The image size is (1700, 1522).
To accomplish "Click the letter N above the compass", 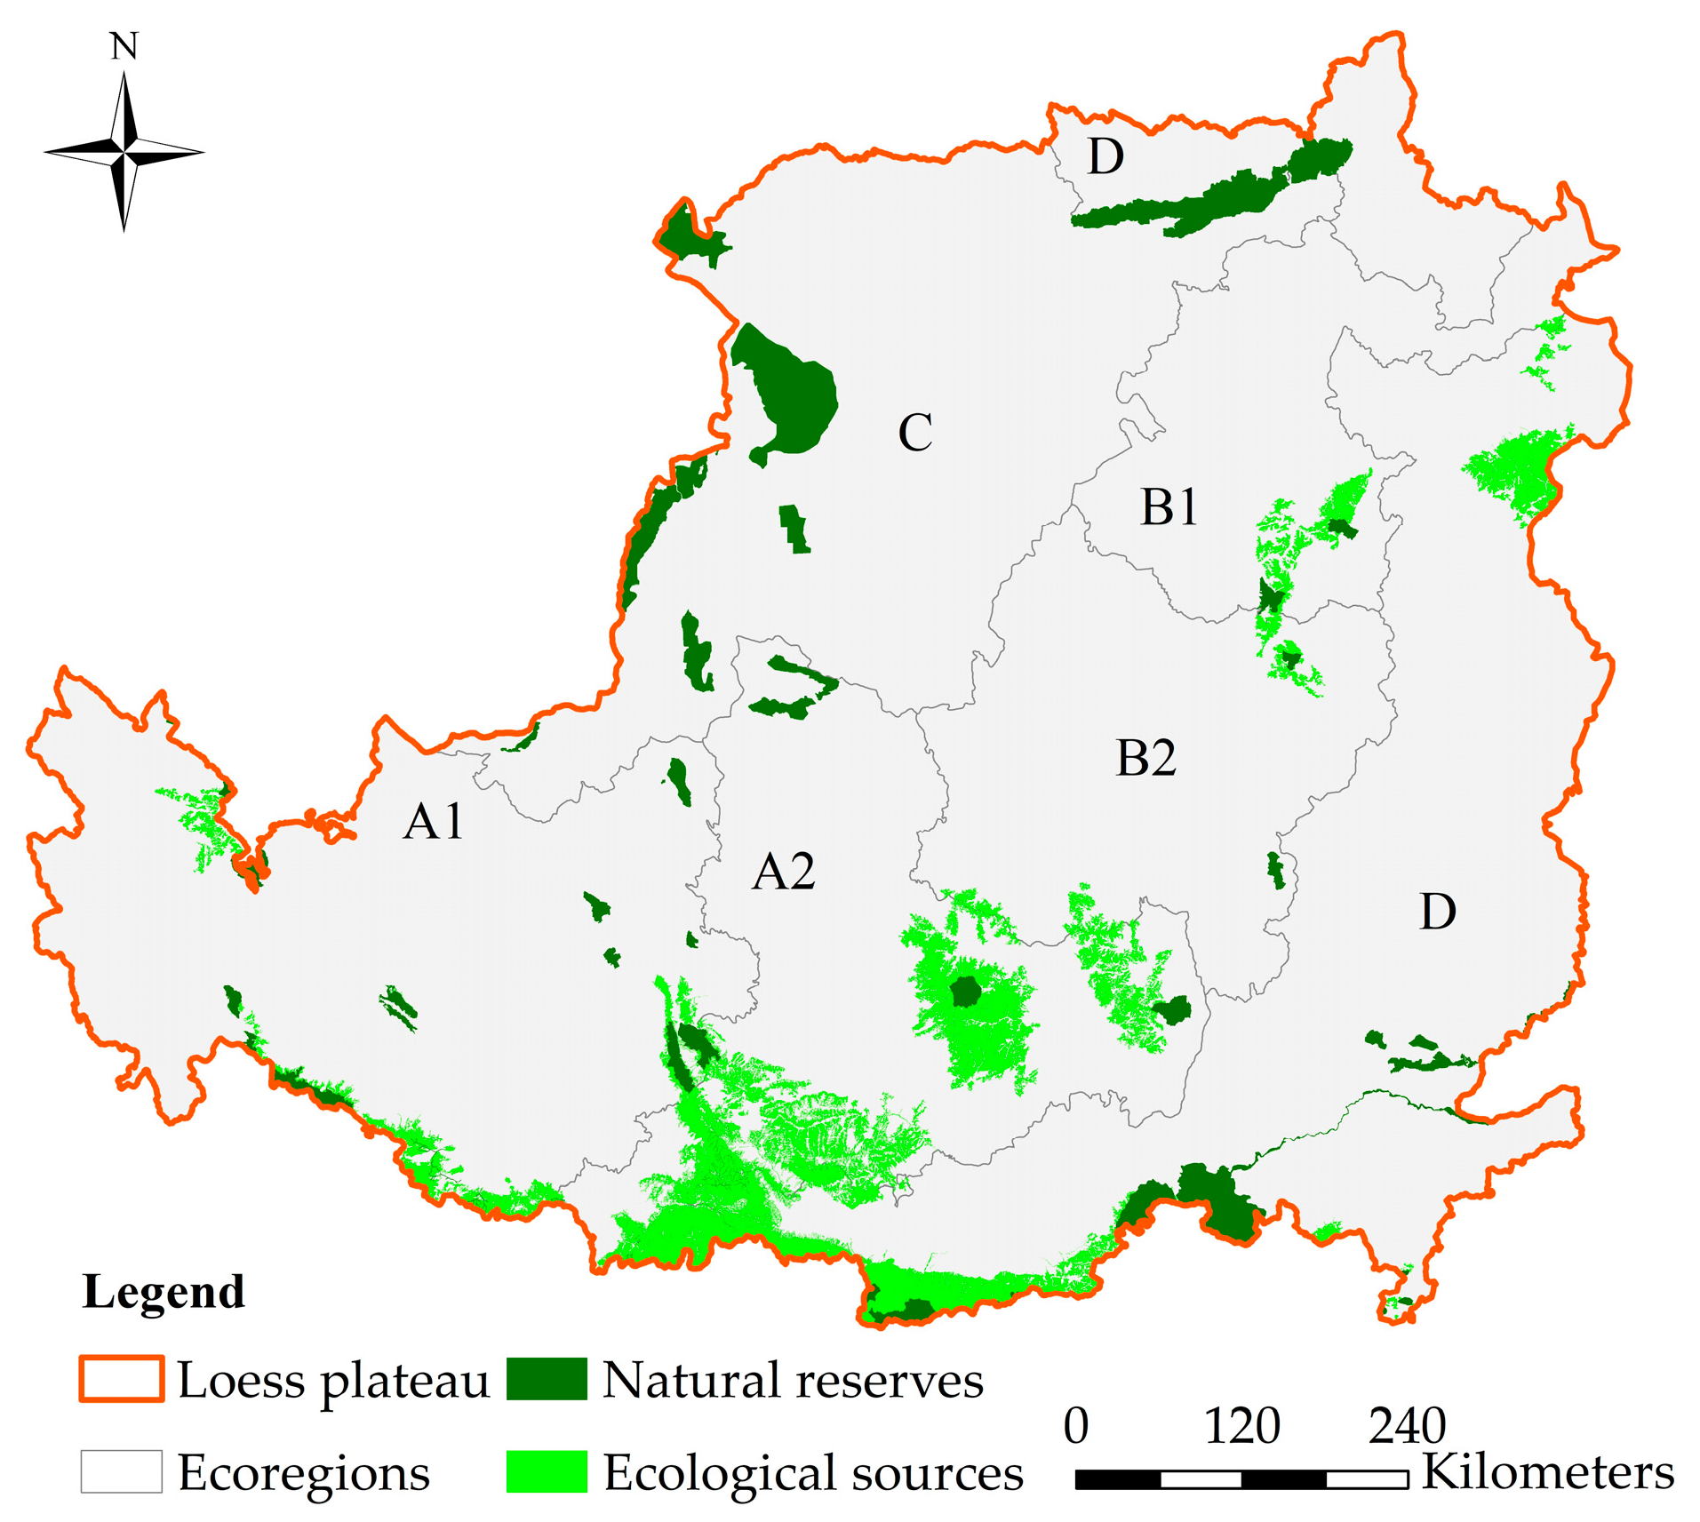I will [124, 46].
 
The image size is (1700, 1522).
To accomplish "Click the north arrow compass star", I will [124, 153].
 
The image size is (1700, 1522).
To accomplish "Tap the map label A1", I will [433, 821].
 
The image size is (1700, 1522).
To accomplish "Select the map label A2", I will [783, 872].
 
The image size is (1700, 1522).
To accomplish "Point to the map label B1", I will [1169, 508].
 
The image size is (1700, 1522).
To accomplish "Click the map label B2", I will [1145, 758].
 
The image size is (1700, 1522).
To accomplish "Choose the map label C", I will [915, 434].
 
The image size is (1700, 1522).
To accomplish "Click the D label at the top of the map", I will [1105, 157].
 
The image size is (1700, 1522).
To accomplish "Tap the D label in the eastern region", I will [1437, 912].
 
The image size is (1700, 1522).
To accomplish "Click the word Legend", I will [164, 1292].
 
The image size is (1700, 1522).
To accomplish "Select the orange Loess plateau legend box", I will [122, 1379].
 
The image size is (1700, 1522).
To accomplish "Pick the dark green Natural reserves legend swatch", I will [547, 1379].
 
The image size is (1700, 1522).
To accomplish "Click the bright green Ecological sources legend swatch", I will [547, 1471].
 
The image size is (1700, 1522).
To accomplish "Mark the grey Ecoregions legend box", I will [122, 1471].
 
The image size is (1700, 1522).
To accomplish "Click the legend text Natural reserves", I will [793, 1381].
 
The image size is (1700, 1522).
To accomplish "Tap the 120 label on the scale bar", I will [1241, 1427].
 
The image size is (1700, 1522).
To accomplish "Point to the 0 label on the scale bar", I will [1076, 1427].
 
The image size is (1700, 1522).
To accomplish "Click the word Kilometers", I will [1548, 1472].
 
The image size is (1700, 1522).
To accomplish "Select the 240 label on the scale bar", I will [1407, 1427].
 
